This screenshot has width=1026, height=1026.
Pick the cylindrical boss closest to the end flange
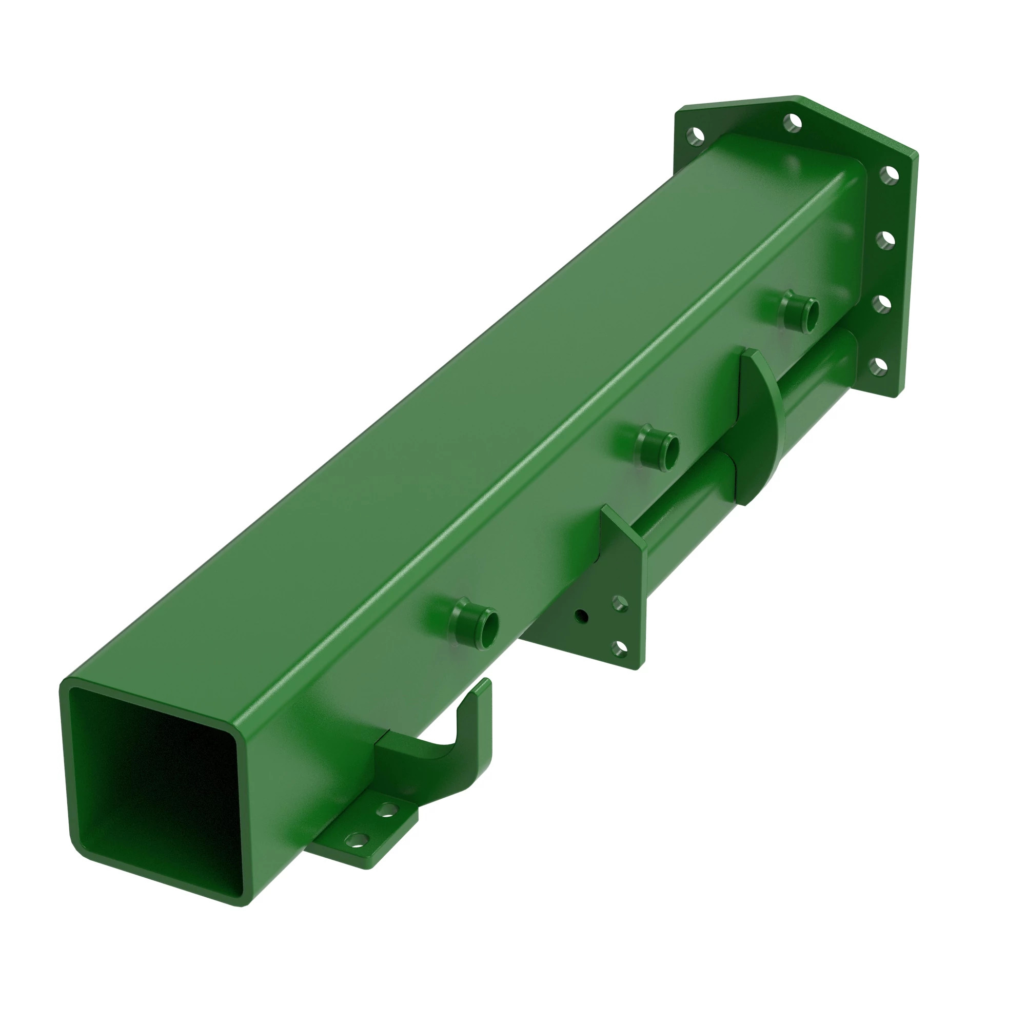pos(799,312)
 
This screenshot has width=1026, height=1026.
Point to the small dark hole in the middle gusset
pos(582,617)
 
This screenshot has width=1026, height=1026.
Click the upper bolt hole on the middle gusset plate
pos(619,603)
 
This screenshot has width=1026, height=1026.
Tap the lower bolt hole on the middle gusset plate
pos(619,648)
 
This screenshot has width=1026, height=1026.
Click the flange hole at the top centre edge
pos(793,123)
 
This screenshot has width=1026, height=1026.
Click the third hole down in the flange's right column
pos(882,304)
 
